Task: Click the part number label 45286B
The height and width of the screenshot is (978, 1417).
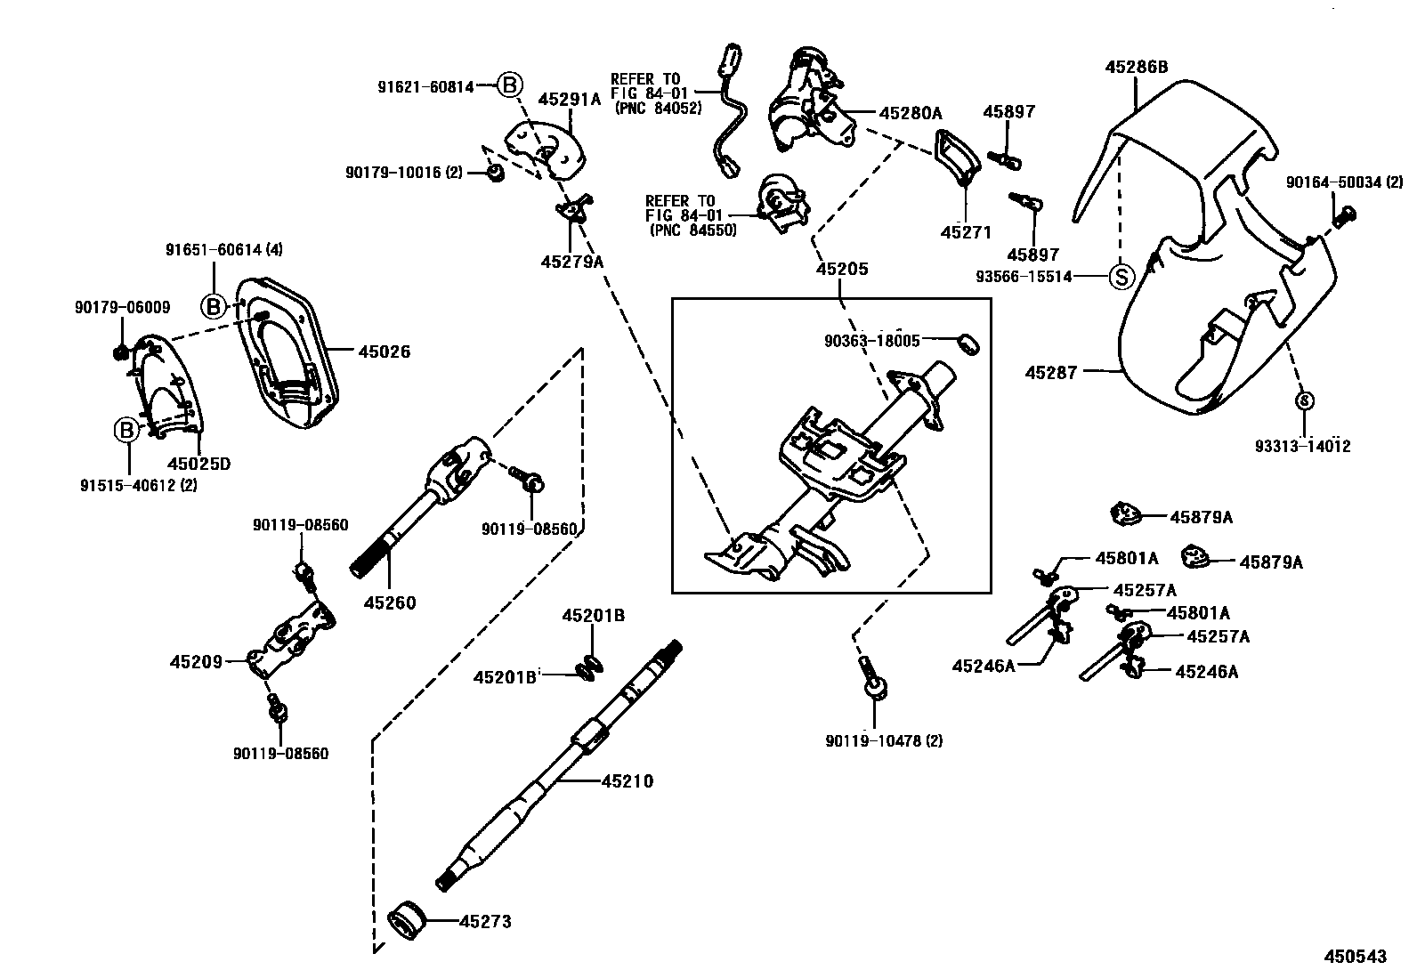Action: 1136,67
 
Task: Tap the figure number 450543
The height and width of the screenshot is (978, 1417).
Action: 1355,957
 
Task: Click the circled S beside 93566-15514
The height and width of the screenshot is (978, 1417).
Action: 1121,277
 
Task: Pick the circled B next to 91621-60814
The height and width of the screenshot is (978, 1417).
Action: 508,85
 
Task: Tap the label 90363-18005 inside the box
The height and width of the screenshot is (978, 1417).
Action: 871,341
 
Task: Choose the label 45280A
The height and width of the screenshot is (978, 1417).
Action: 910,113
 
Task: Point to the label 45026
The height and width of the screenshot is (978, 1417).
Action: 384,352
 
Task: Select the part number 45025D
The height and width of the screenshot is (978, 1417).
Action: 199,464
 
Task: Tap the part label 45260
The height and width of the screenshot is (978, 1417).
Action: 390,602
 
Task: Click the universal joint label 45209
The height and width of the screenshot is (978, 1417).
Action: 196,661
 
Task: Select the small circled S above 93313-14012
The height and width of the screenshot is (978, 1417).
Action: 1303,401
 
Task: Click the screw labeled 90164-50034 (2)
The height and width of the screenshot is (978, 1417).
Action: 1346,214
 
